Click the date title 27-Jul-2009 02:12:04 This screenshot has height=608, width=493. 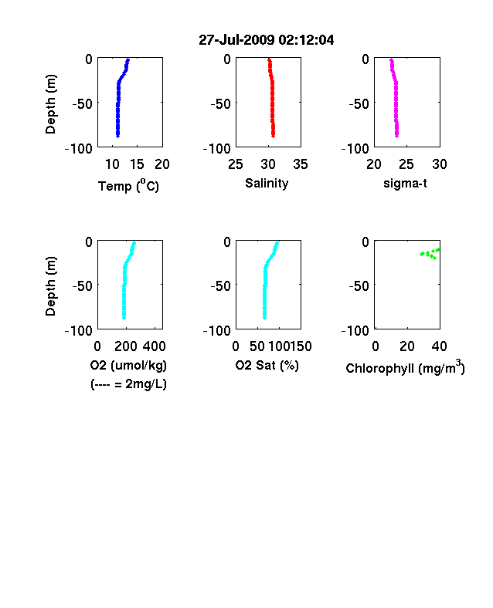267,40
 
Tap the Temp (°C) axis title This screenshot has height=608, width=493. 128,186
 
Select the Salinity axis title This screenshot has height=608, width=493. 267,183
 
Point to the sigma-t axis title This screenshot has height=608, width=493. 405,183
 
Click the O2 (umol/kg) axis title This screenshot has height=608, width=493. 128,365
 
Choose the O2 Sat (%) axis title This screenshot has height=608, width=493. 267,365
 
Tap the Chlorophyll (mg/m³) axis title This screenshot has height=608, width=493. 405,367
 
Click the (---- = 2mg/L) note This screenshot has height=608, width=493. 128,384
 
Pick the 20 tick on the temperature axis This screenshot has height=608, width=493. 162,164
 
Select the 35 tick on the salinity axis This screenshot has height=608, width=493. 301,164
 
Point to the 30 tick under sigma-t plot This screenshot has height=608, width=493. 440,164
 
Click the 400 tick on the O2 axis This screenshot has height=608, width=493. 155,346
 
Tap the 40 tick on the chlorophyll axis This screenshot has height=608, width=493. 439,346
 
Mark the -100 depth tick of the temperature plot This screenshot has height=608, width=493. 78,148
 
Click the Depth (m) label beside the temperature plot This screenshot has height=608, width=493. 51,104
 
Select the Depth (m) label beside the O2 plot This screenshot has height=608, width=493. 51,286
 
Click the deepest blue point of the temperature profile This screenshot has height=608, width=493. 117,136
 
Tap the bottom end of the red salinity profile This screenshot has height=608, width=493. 274,136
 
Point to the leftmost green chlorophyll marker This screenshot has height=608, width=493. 422,254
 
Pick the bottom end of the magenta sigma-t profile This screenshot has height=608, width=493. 396,136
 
